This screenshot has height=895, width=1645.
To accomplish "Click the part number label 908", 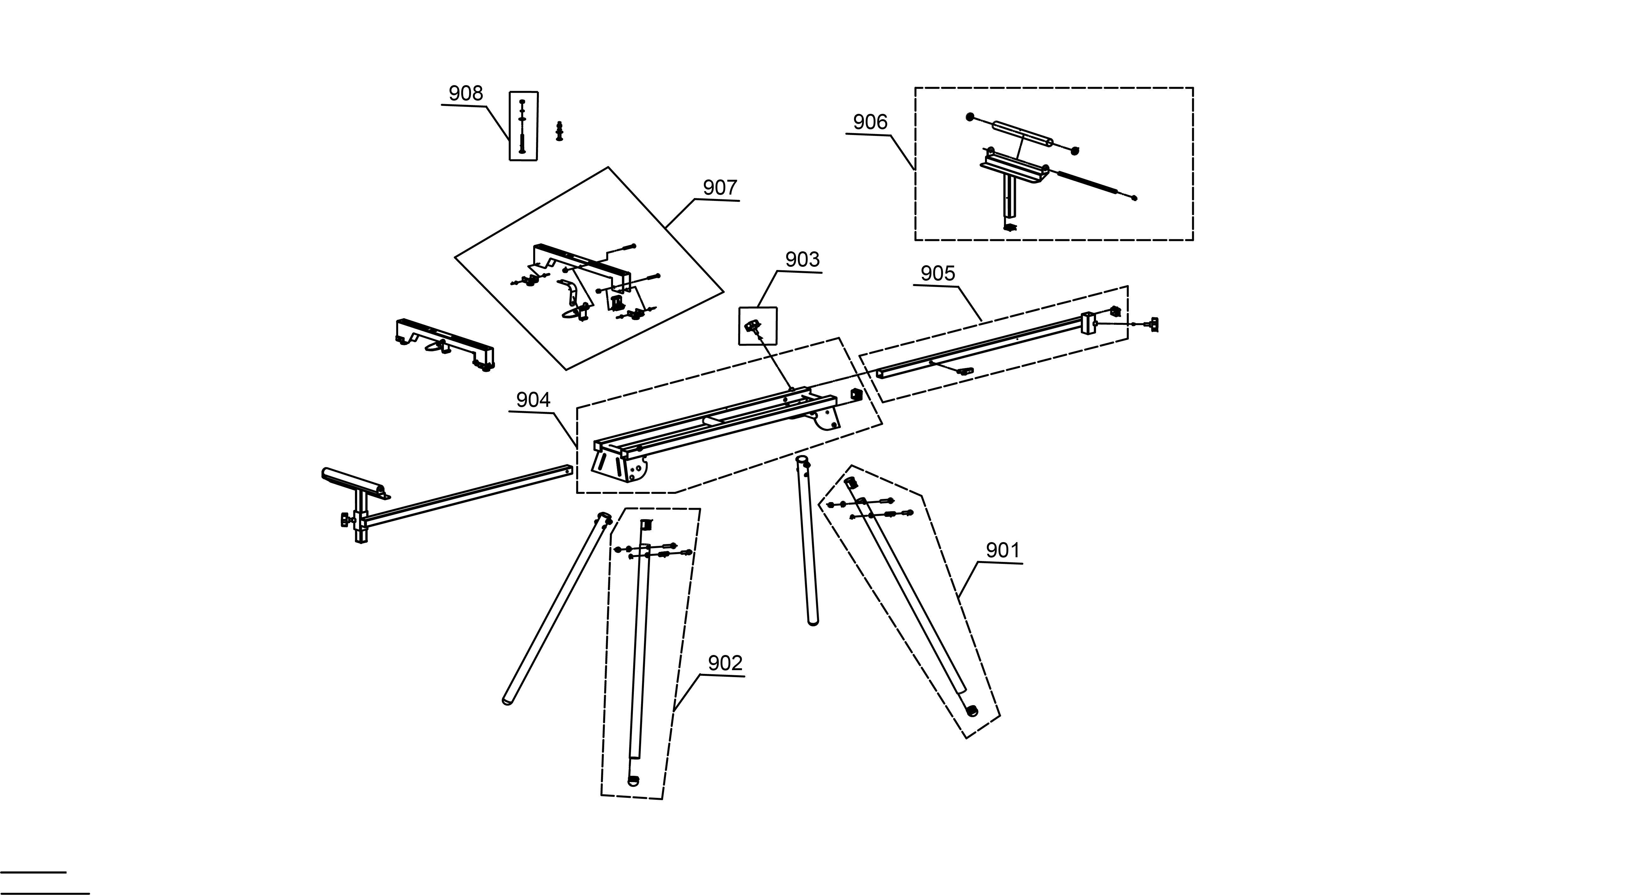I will point(466,94).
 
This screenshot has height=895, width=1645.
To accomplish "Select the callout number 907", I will point(720,188).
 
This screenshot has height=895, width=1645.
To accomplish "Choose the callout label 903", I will point(802,260).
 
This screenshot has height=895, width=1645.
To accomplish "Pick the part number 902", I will point(725,663).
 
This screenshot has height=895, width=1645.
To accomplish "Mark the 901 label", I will point(1003,550).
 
